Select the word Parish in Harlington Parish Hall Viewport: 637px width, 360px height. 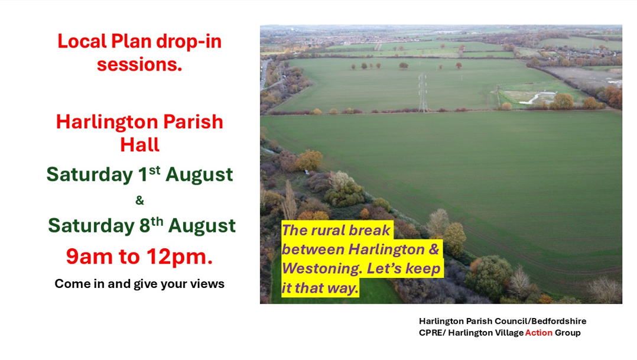click(x=193, y=122)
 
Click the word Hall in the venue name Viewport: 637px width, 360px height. click(x=139, y=145)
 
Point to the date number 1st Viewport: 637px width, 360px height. click(x=149, y=174)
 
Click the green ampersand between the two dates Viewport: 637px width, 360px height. click(x=139, y=200)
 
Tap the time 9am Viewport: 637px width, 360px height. click(x=89, y=257)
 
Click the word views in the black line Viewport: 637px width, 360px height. click(x=210, y=284)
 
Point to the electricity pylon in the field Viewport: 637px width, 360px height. click(x=423, y=93)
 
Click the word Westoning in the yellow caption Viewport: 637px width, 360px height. click(x=321, y=268)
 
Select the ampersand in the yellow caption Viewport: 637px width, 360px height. click(x=434, y=249)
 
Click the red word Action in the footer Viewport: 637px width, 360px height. click(x=539, y=333)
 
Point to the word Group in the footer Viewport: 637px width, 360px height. click(x=567, y=333)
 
